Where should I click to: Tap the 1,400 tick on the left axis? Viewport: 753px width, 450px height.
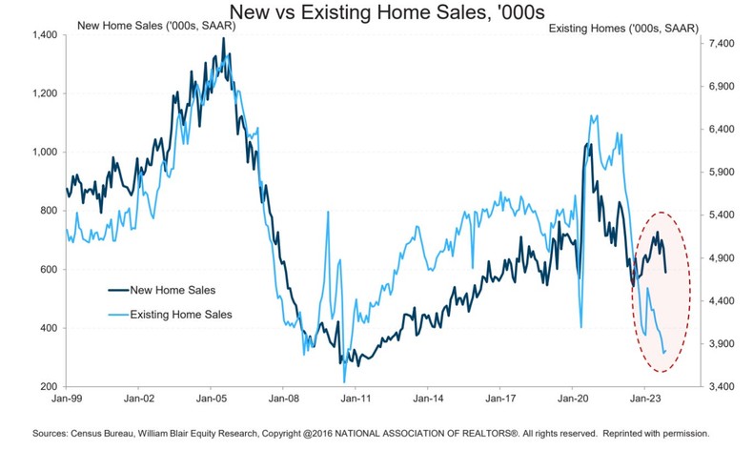point(44,34)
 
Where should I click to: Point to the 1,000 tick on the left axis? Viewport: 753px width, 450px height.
point(44,152)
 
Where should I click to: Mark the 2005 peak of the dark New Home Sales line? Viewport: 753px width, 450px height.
point(223,40)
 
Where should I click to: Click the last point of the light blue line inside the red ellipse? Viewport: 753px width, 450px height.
point(665,352)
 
